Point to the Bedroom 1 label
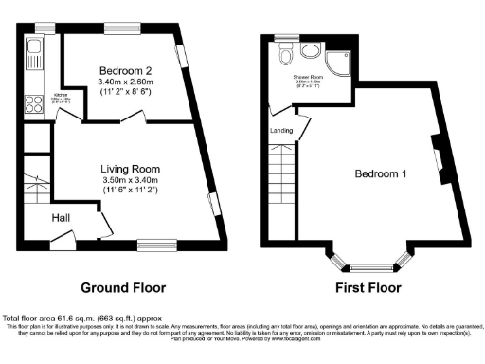tap(381, 174)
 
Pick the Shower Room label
tap(308, 76)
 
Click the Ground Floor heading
tap(118, 287)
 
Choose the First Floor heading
tap(366, 287)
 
